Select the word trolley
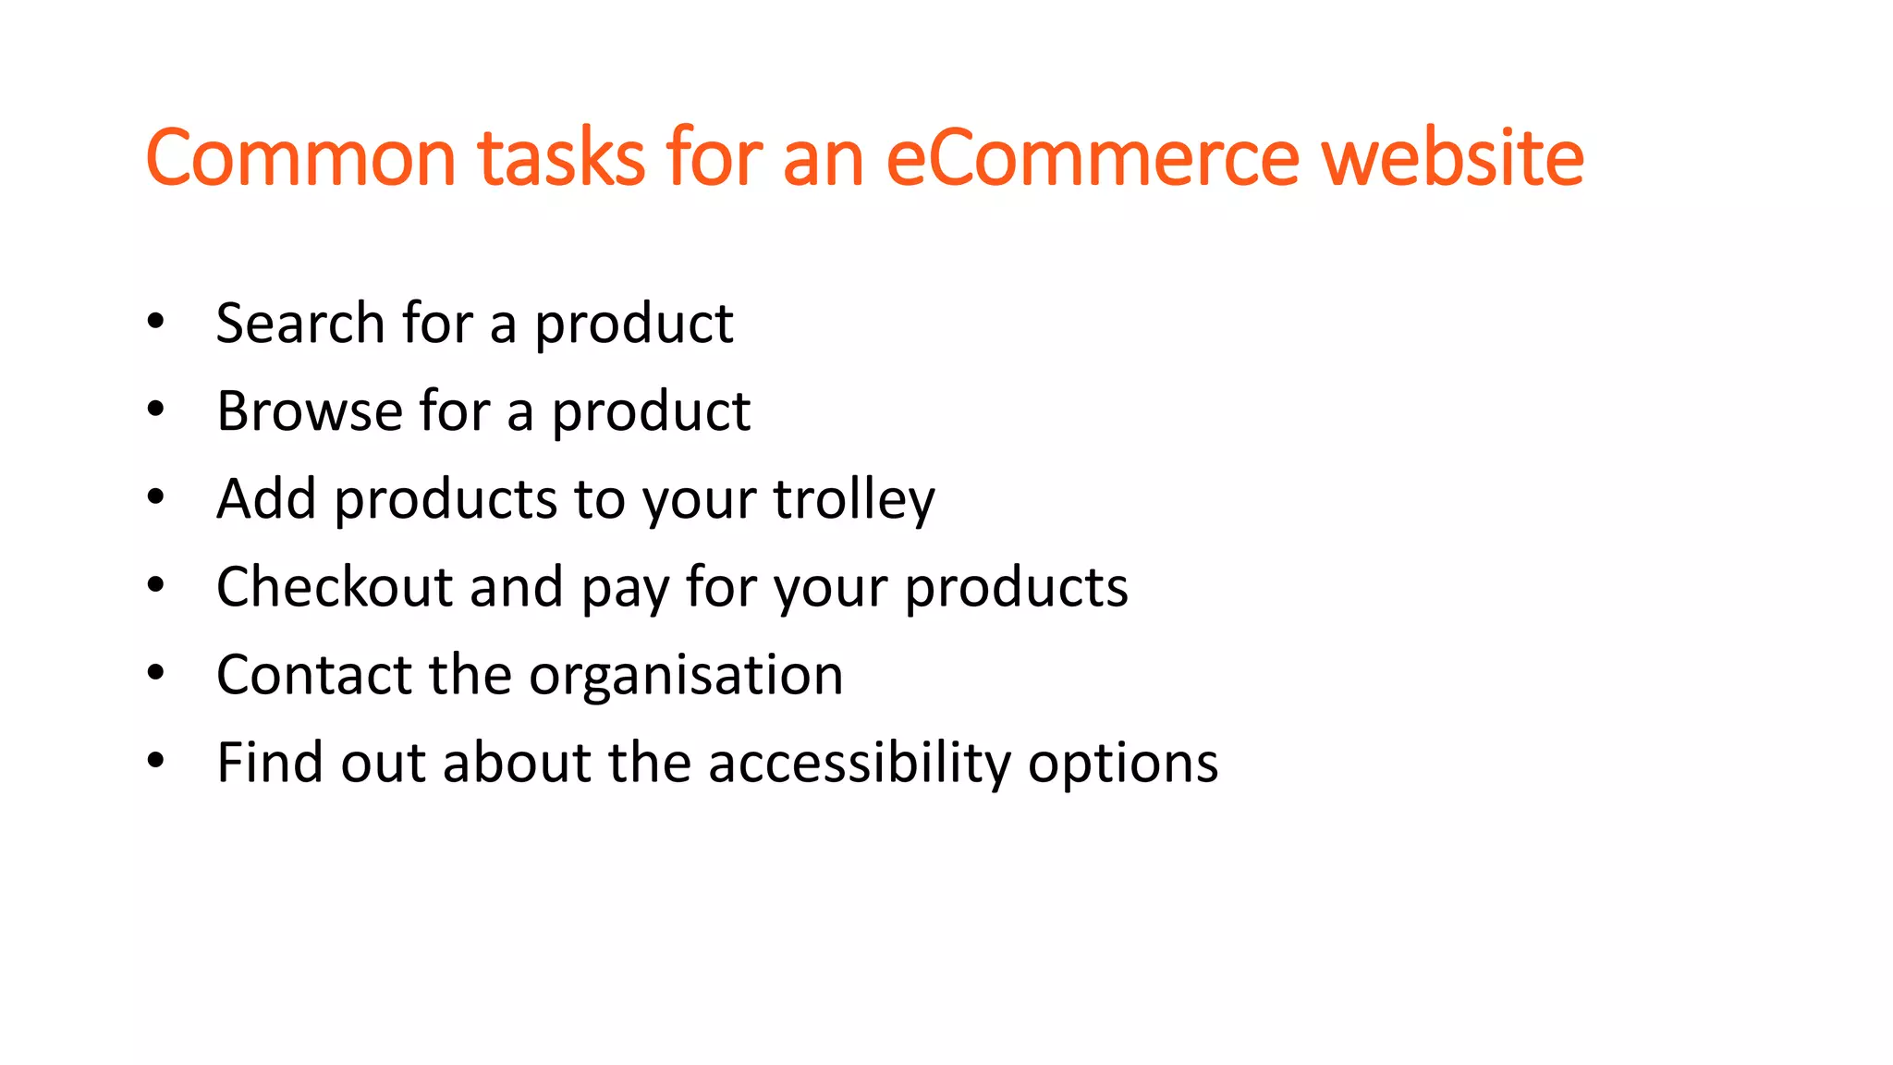point(854,499)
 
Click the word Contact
point(313,674)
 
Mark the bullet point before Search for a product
point(155,323)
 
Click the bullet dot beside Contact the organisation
point(155,674)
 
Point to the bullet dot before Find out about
point(155,762)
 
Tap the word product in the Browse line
point(651,412)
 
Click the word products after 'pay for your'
point(1016,588)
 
